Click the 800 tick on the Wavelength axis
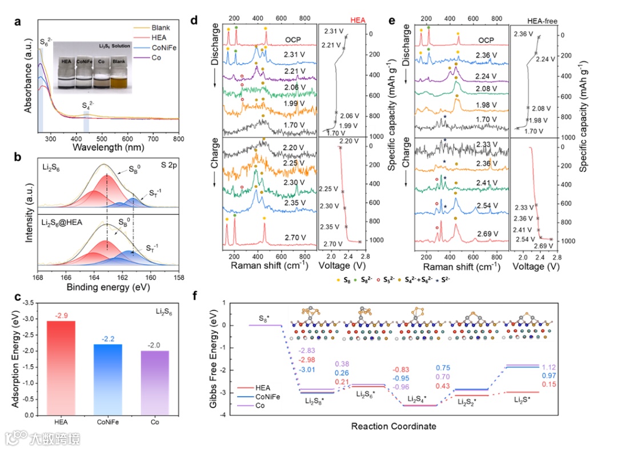[178, 138]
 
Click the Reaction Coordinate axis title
[394, 426]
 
